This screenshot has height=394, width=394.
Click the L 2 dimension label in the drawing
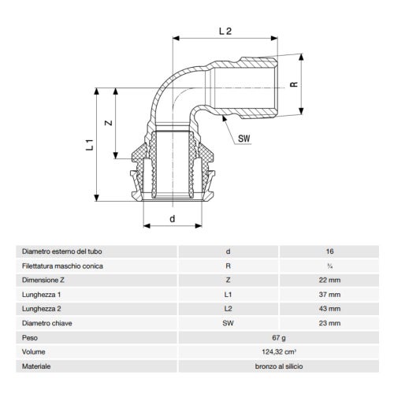(x=225, y=32)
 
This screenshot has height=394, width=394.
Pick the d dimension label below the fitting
(x=172, y=218)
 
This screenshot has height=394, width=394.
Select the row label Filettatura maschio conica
(x=63, y=266)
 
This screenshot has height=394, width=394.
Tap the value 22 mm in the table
(x=329, y=280)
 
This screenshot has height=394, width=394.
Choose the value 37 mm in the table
(x=329, y=295)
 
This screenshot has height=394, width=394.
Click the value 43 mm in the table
(x=329, y=309)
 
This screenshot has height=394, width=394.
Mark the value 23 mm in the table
(x=329, y=323)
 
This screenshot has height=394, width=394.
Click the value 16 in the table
(x=329, y=251)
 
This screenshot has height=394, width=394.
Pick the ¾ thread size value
(x=329, y=266)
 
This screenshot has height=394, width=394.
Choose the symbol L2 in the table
(x=228, y=309)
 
